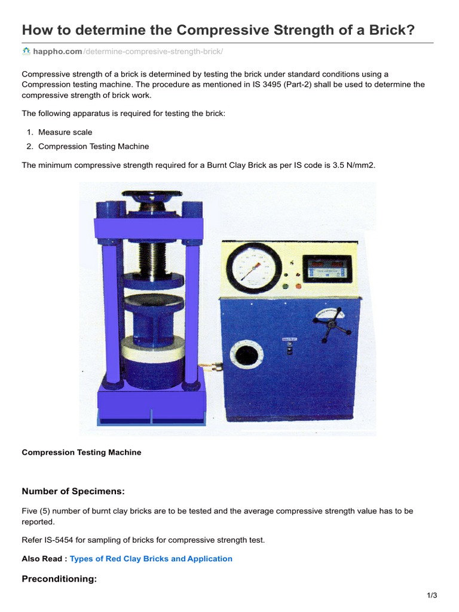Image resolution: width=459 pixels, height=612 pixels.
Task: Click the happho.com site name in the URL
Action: click(57, 52)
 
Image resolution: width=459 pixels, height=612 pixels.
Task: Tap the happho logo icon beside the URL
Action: click(26, 52)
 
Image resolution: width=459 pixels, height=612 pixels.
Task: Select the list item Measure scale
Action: click(65, 132)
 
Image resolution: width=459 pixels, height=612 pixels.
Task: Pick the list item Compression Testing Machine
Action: click(93, 146)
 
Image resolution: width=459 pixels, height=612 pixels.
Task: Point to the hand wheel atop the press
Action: click(149, 197)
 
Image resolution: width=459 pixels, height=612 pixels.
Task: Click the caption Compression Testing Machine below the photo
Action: click(81, 452)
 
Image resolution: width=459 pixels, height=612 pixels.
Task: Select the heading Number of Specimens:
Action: click(74, 491)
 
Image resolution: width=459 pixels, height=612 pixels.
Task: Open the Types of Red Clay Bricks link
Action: click(151, 559)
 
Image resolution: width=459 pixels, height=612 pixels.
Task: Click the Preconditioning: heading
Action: click(59, 579)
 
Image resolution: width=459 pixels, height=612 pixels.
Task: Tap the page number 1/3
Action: click(432, 595)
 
